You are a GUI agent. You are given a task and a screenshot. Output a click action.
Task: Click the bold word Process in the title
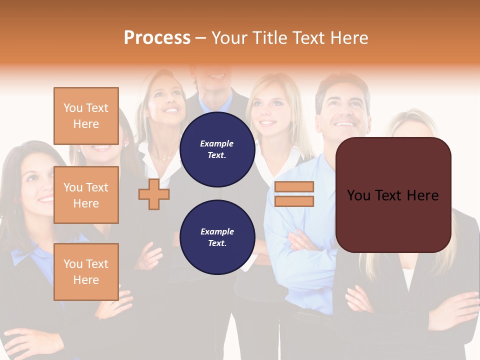tap(157, 38)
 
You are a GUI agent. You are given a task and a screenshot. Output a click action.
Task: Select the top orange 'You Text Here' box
tap(86, 116)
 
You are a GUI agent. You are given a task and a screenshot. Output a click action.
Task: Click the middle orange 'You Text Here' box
tap(86, 195)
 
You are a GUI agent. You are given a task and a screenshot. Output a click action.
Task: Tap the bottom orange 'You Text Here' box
tap(86, 271)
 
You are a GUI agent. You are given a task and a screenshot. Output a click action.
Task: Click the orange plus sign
tap(154, 194)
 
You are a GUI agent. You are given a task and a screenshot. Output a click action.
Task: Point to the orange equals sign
tap(294, 194)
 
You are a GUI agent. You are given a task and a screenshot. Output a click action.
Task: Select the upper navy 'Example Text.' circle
tap(217, 149)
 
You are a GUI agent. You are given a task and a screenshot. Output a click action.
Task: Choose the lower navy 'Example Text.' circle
tap(217, 237)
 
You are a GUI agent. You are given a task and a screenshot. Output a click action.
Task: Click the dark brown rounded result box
tap(393, 195)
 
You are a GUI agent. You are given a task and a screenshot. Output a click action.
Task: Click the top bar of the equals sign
tap(294, 187)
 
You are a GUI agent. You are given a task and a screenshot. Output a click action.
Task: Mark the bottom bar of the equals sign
tap(294, 201)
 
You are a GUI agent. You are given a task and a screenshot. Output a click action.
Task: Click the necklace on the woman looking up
tap(163, 157)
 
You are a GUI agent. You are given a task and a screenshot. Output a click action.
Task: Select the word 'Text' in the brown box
tap(393, 195)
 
